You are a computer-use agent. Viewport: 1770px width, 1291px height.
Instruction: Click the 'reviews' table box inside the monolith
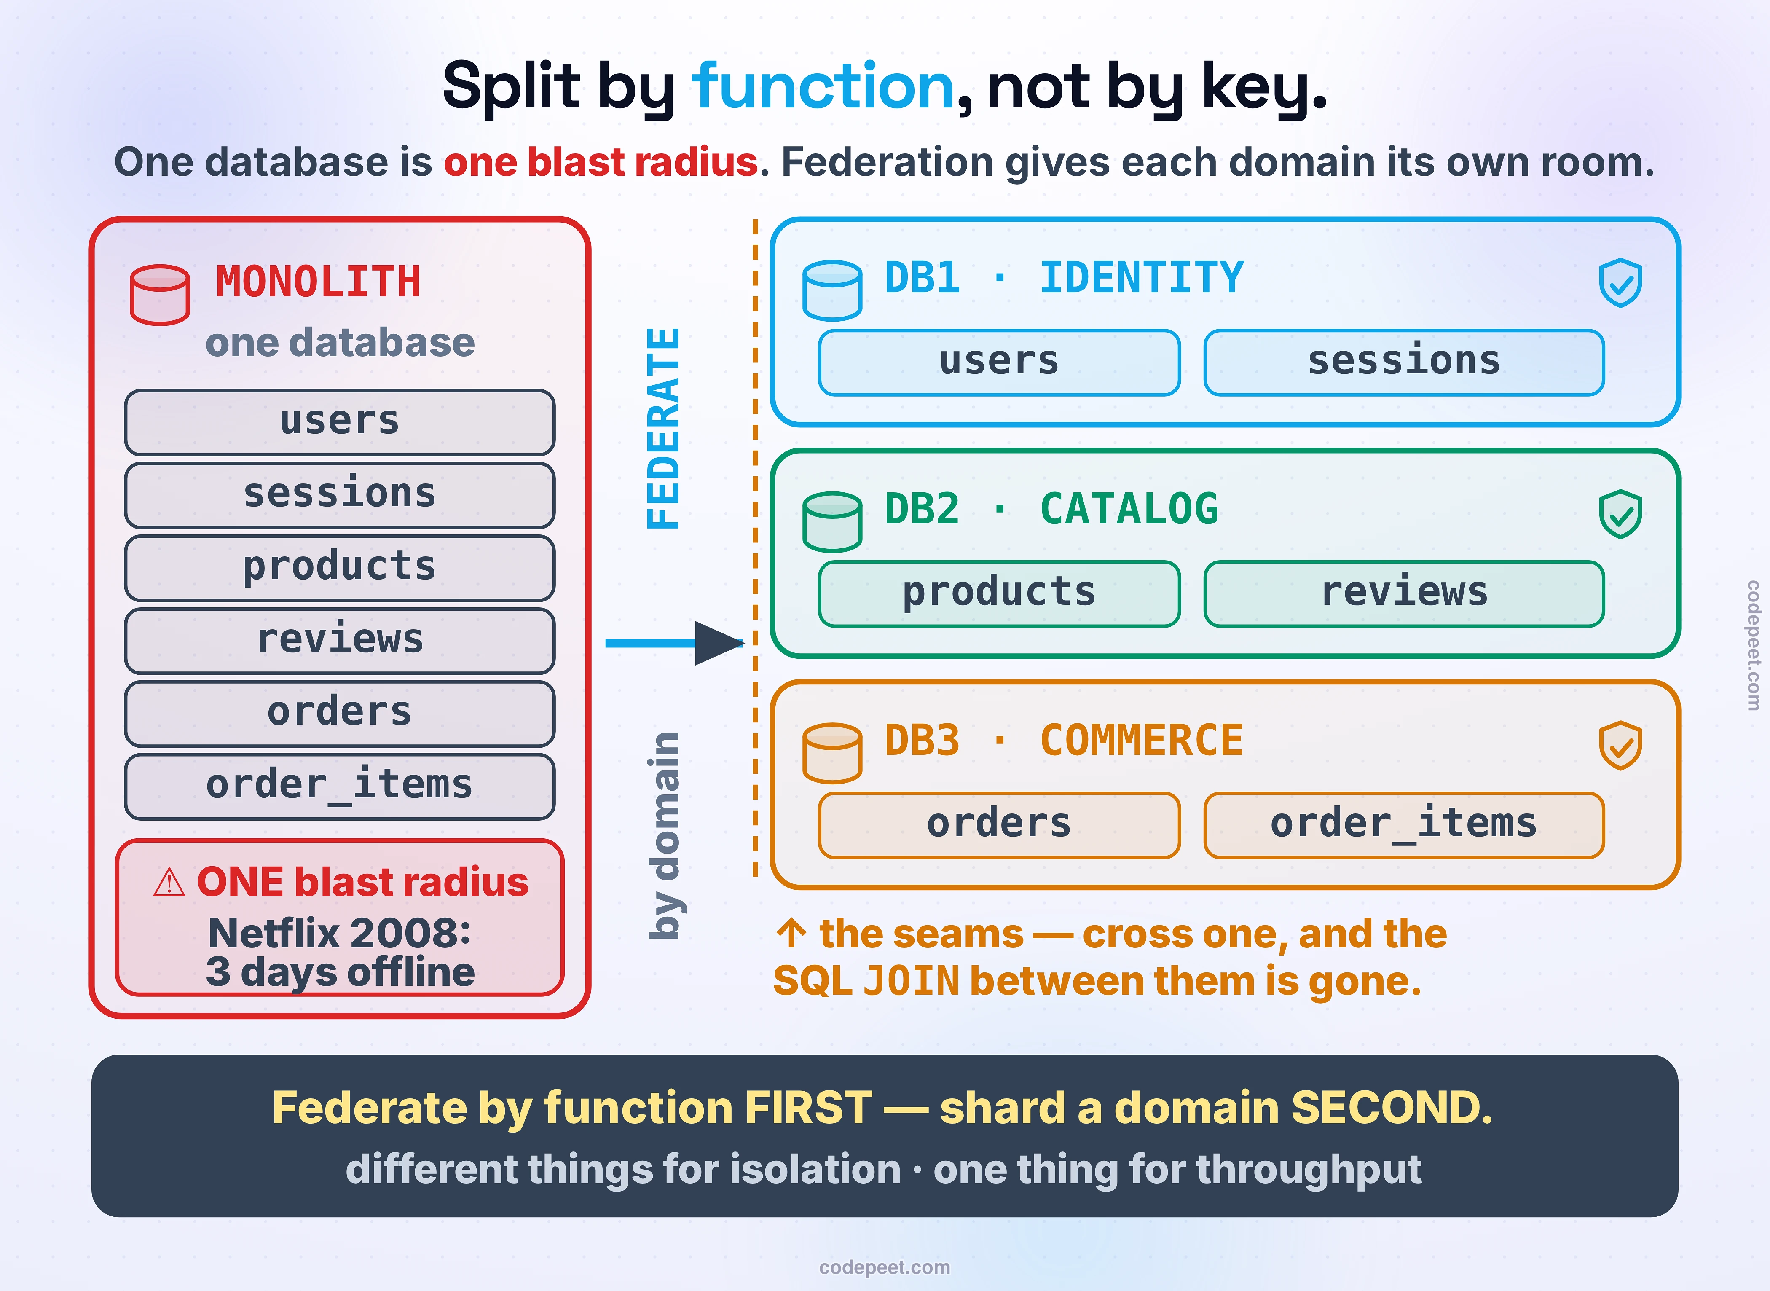point(340,641)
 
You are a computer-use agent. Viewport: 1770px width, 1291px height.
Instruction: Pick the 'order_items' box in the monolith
point(340,786)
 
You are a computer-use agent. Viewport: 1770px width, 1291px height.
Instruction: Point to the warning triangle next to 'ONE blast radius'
point(169,883)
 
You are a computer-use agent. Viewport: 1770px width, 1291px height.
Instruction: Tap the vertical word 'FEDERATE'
point(664,428)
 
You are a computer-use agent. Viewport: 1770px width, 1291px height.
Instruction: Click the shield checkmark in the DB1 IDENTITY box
point(1621,283)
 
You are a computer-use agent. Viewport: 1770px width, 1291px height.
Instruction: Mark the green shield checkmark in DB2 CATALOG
point(1621,514)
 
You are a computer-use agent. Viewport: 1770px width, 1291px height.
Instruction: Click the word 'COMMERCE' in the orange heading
point(1142,741)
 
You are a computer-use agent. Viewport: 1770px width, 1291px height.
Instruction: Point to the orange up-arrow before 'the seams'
point(791,933)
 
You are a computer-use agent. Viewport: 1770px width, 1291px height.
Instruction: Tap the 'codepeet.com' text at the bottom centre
point(885,1267)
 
